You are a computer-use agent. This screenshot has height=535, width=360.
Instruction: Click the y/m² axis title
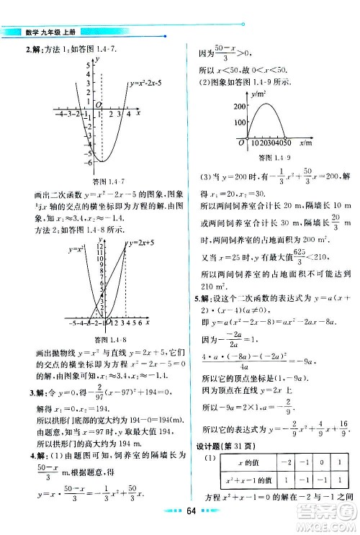(x=260, y=94)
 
